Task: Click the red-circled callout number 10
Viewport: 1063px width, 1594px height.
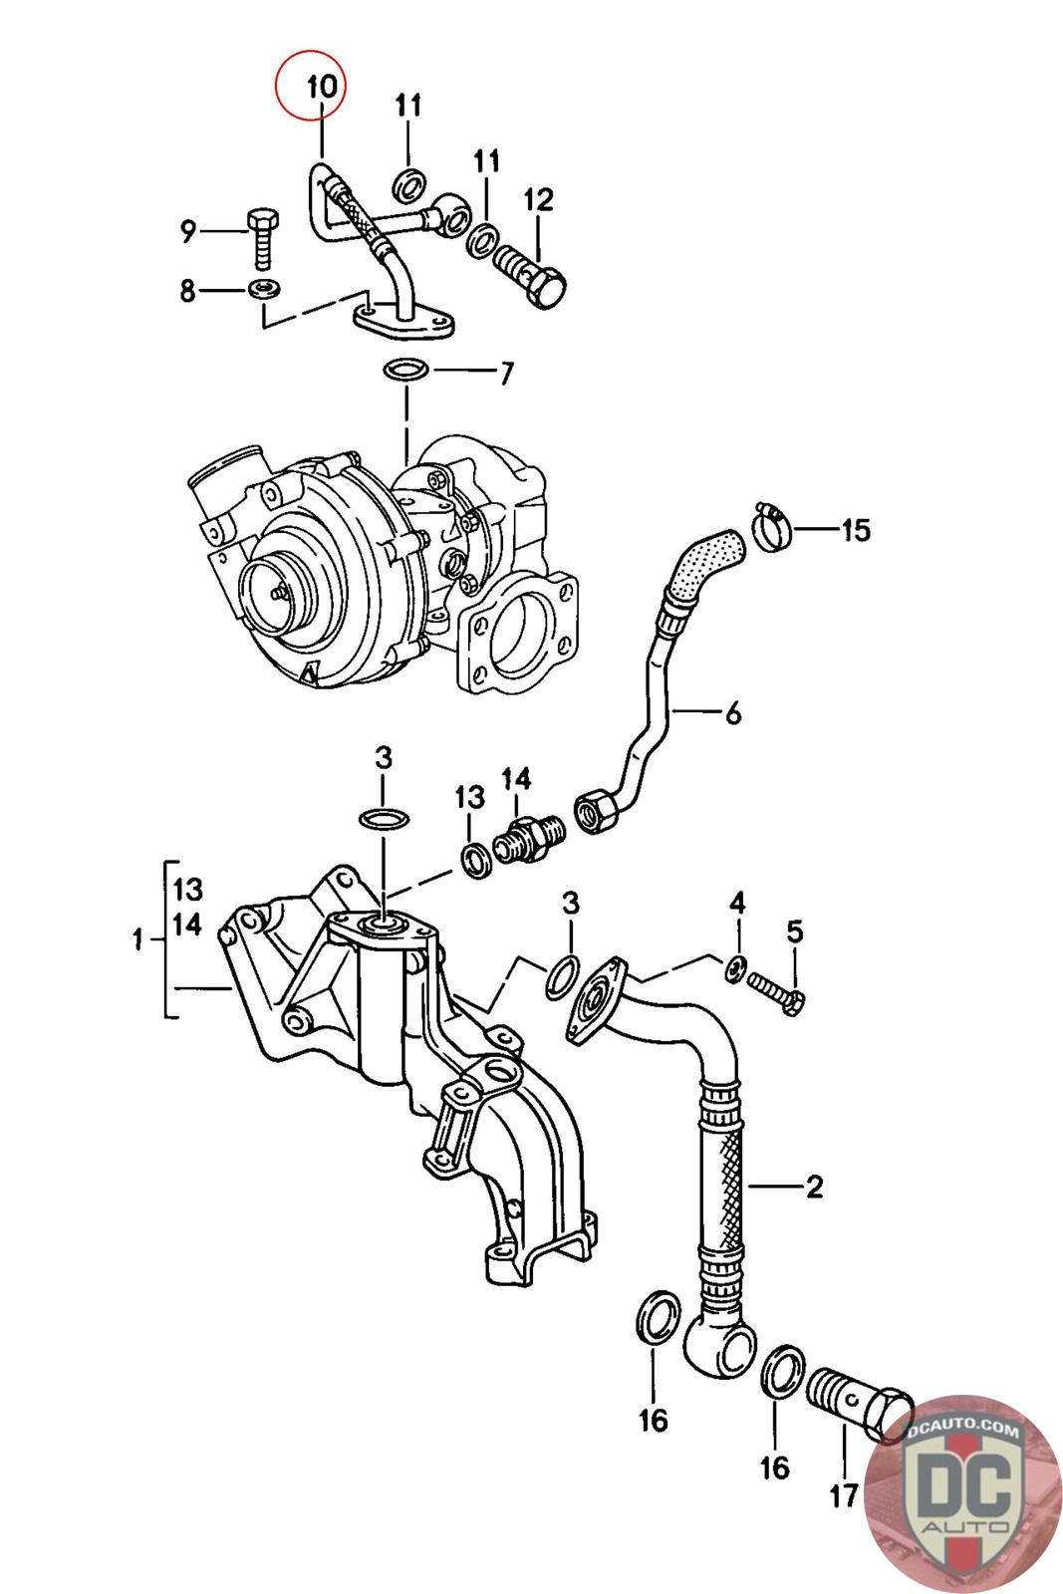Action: click(321, 87)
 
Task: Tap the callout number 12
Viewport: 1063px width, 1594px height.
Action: click(539, 200)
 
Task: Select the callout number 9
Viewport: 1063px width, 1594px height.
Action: click(188, 230)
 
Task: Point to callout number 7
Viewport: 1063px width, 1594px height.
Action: click(506, 373)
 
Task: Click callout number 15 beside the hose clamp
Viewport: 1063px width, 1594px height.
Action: click(856, 529)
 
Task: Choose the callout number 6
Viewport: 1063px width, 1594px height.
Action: click(733, 712)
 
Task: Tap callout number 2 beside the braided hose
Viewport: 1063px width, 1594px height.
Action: click(815, 1187)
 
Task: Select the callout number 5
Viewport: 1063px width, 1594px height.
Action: click(795, 931)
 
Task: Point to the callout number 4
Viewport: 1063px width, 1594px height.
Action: click(737, 903)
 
